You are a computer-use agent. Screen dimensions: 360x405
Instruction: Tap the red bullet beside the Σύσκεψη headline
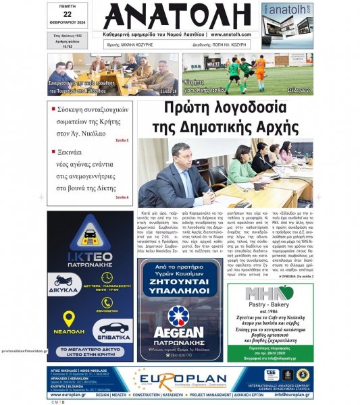click(x=53, y=108)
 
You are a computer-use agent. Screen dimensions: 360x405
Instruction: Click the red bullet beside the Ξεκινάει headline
click(x=53, y=152)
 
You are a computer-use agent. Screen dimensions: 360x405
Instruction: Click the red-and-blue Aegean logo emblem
click(x=179, y=316)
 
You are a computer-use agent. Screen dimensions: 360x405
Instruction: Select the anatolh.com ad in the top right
click(x=287, y=25)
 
